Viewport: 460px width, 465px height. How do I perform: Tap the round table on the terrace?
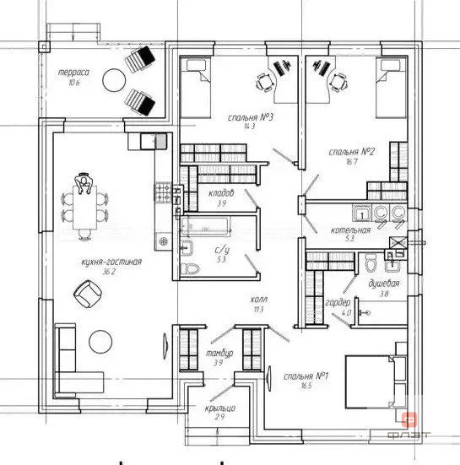click(x=114, y=80)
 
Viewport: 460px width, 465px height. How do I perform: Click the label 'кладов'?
click(x=220, y=193)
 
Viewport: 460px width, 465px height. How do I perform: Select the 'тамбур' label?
click(x=214, y=353)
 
